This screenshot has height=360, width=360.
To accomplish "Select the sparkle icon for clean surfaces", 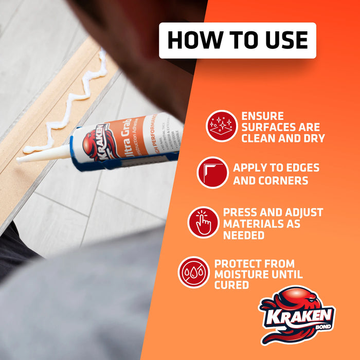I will pyautogui.click(x=222, y=126).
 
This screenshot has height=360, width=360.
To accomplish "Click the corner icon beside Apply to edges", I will pyautogui.click(x=212, y=172).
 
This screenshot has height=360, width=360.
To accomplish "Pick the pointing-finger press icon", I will pyautogui.click(x=203, y=222).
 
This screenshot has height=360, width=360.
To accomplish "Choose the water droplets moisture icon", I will pyautogui.click(x=194, y=272).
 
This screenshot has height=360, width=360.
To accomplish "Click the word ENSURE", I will pyautogui.click(x=262, y=116).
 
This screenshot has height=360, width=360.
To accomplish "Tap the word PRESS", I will pyautogui.click(x=242, y=212).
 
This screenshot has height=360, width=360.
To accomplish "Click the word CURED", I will pyautogui.click(x=232, y=285).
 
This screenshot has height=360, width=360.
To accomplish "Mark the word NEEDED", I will pyautogui.click(x=244, y=235).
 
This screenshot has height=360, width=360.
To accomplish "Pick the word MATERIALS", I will pyautogui.click(x=262, y=224).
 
